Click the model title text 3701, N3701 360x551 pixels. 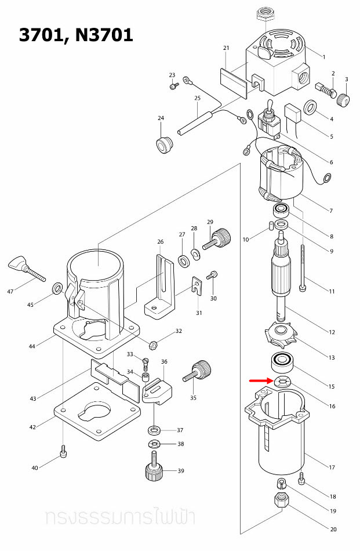tap(76, 35)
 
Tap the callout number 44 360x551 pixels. tap(32, 346)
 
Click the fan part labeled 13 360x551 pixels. tap(281, 335)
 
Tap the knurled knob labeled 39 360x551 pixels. tap(154, 469)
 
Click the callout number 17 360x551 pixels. tap(332, 467)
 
